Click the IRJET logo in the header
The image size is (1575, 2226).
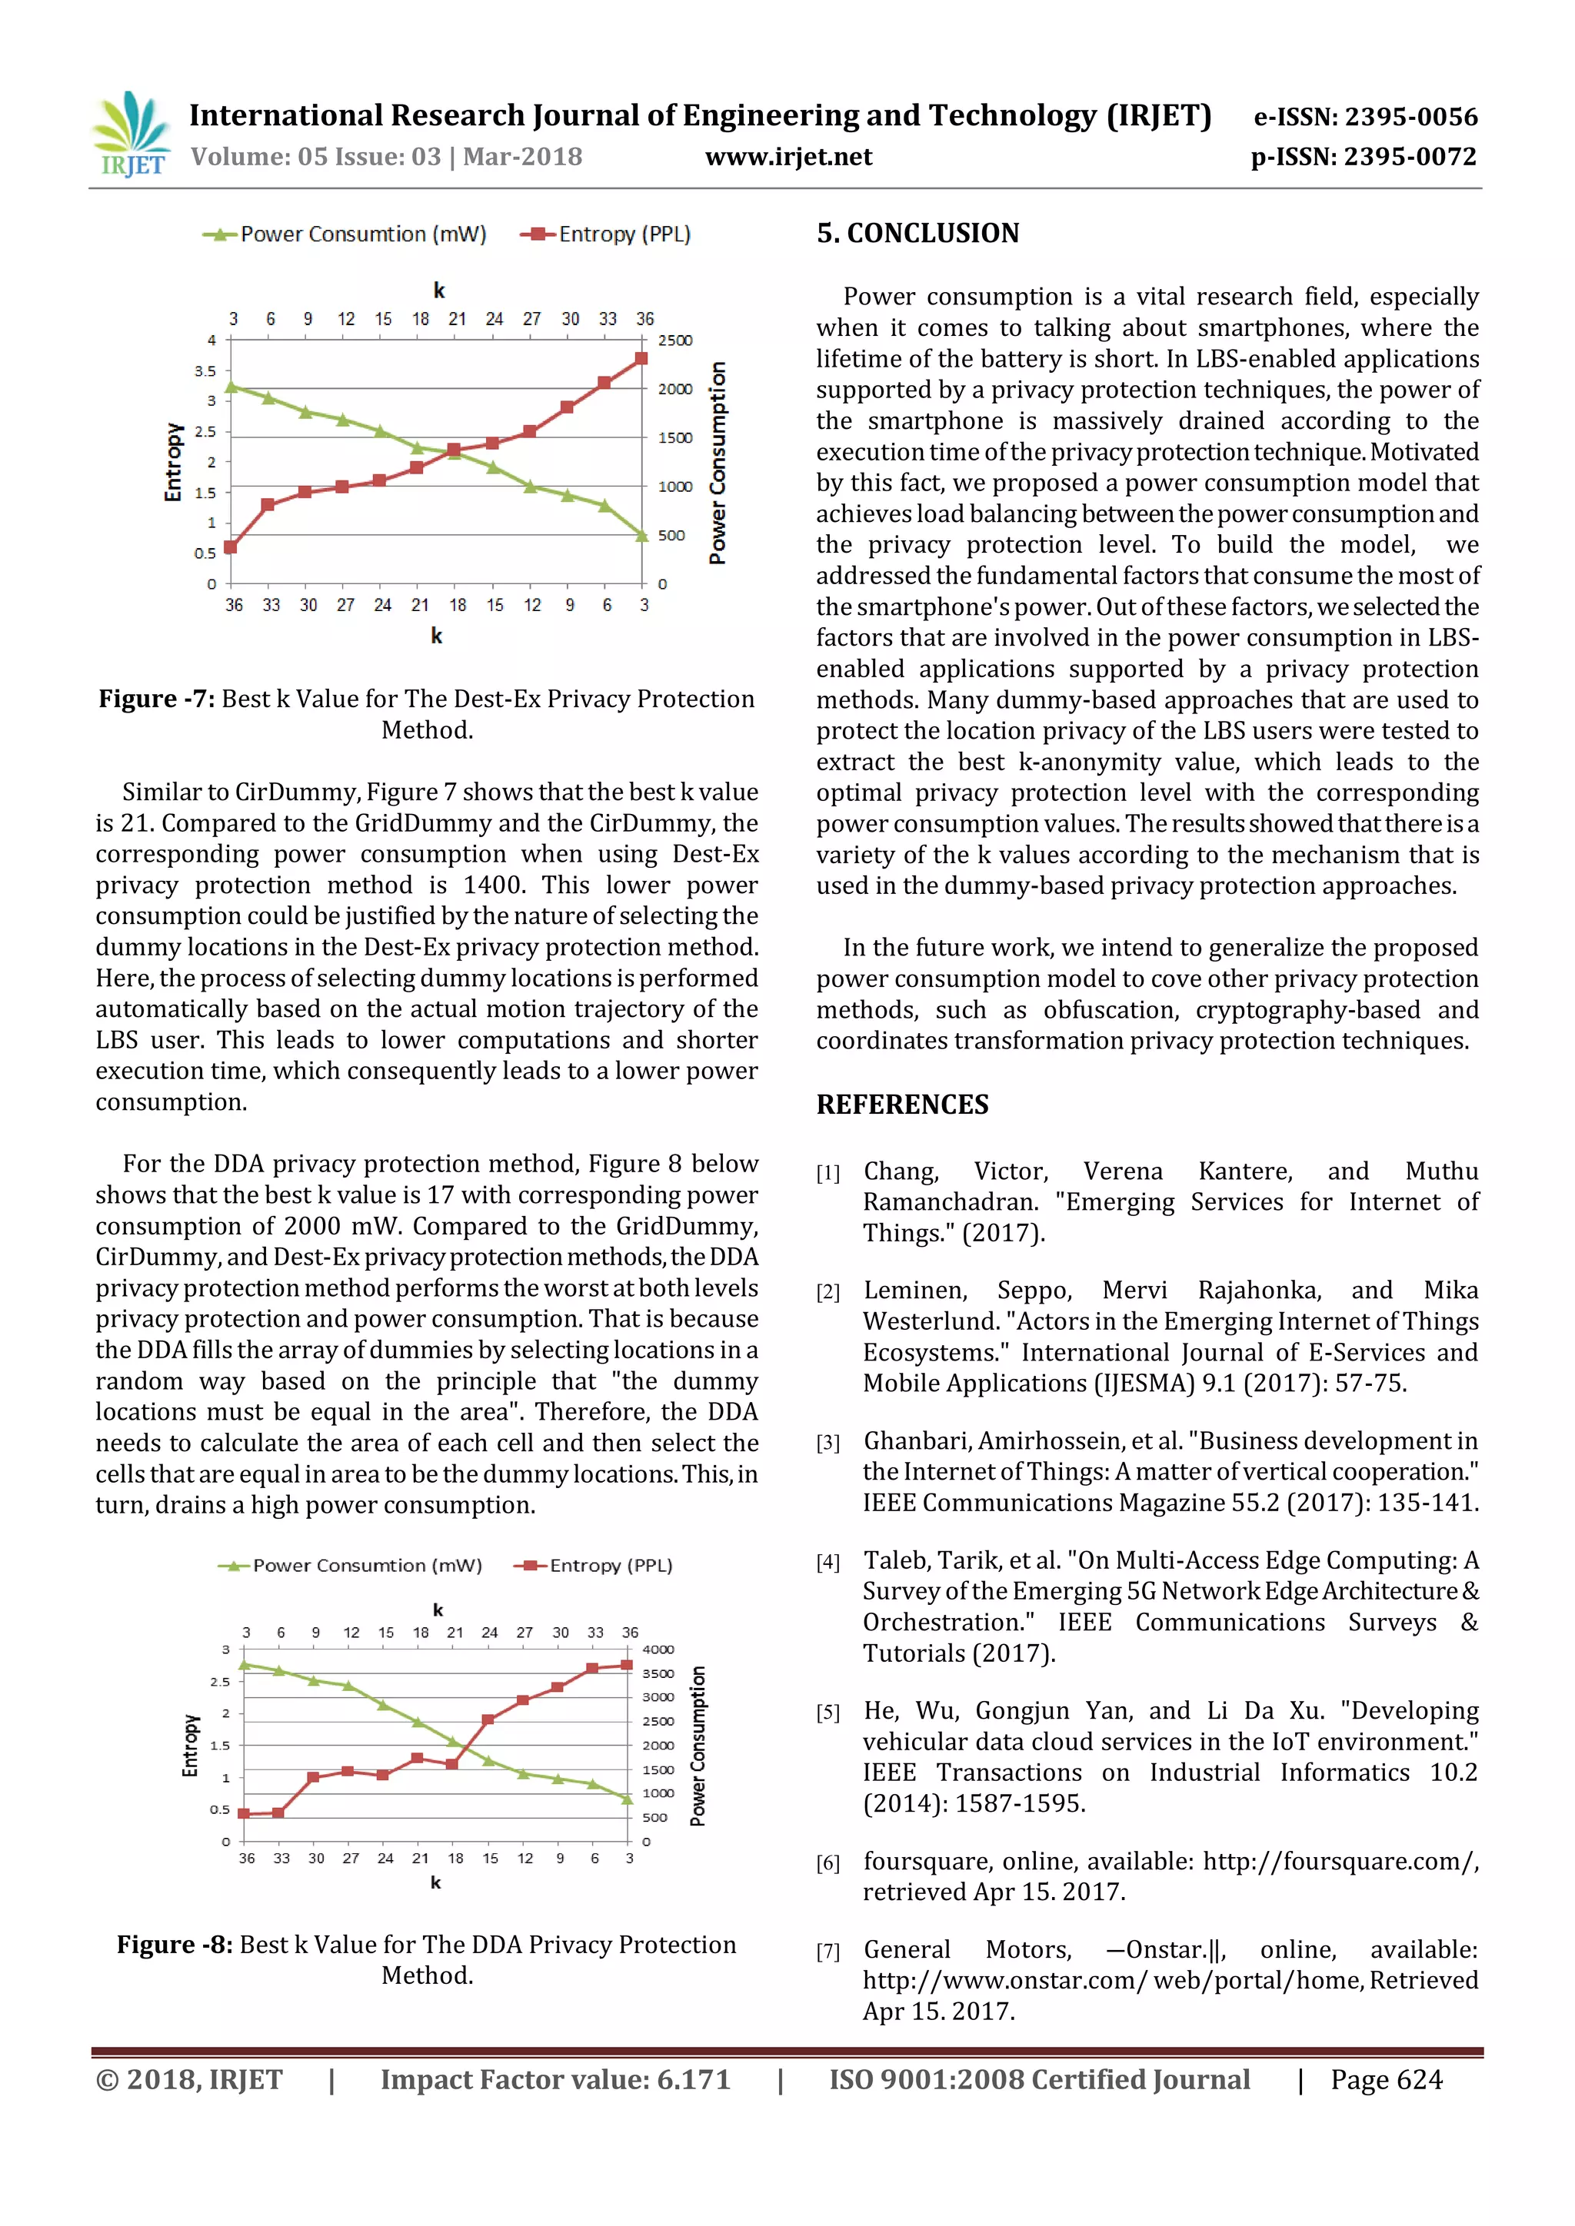[x=131, y=135]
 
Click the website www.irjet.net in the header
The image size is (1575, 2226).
[x=787, y=157]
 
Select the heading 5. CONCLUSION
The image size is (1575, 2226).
[x=917, y=234]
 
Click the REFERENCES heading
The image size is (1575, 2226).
[x=902, y=1105]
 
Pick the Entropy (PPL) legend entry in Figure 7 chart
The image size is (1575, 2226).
[x=606, y=234]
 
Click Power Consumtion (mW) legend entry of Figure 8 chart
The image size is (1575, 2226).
[x=349, y=1566]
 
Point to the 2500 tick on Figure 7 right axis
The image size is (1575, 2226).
[x=675, y=341]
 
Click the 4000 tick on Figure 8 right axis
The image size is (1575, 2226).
[x=658, y=1650]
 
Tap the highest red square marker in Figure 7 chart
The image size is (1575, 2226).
[x=641, y=359]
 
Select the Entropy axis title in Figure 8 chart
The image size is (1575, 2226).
[x=190, y=1745]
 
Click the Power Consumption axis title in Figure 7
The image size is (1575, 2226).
[x=718, y=463]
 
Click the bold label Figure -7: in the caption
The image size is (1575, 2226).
[x=155, y=699]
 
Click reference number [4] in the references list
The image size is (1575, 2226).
[x=827, y=1562]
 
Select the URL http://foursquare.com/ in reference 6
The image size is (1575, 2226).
[x=1340, y=1862]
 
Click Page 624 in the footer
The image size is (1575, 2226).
[x=1386, y=2080]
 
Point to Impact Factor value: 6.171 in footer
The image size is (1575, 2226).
[x=554, y=2080]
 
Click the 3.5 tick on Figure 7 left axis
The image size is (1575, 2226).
[x=205, y=371]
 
